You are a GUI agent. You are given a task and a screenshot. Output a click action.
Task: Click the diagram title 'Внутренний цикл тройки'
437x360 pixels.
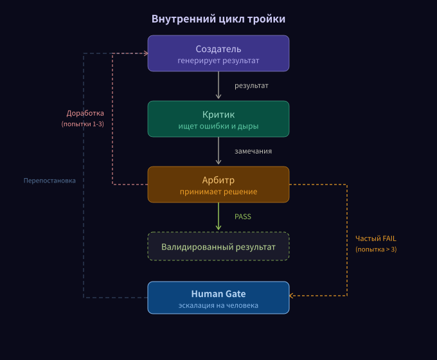tap(219, 19)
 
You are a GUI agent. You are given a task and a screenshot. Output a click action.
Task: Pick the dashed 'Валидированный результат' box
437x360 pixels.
tap(219, 246)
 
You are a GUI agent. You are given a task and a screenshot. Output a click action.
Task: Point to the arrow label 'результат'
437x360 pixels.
tap(251, 85)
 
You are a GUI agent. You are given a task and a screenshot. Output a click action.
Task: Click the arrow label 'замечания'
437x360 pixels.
tap(253, 151)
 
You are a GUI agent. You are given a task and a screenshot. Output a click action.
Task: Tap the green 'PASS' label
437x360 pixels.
tap(242, 217)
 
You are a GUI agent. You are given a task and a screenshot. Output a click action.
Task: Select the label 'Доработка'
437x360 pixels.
tap(85, 113)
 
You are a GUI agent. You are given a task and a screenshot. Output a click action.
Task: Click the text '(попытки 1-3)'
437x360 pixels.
tap(83, 123)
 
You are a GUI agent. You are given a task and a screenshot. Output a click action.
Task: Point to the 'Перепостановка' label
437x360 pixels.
tap(49, 181)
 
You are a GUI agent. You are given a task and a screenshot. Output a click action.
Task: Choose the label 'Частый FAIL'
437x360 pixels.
tap(376, 239)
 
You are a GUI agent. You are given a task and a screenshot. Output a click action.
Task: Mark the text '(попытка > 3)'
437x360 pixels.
tap(376, 249)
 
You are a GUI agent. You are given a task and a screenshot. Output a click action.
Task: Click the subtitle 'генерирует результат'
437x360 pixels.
tap(219, 61)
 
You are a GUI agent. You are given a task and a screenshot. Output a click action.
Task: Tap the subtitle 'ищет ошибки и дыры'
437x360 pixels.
tap(219, 127)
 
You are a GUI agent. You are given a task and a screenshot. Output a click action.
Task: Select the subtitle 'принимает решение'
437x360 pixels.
tap(219, 192)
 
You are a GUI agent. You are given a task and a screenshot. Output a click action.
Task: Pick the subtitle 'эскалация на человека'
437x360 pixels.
tap(219, 305)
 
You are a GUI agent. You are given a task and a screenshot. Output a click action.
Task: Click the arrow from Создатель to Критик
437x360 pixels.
tap(219, 85)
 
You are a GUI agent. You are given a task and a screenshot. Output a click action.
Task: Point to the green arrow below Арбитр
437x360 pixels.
tap(219, 217)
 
